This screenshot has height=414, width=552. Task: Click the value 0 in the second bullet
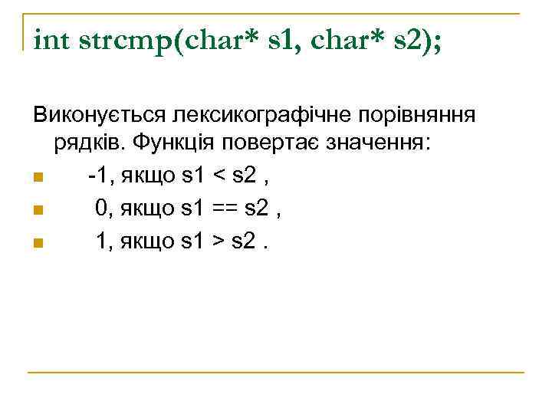pos(100,208)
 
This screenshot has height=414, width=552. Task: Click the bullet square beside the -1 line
pos(38,179)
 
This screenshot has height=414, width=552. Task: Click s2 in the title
pos(406,38)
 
